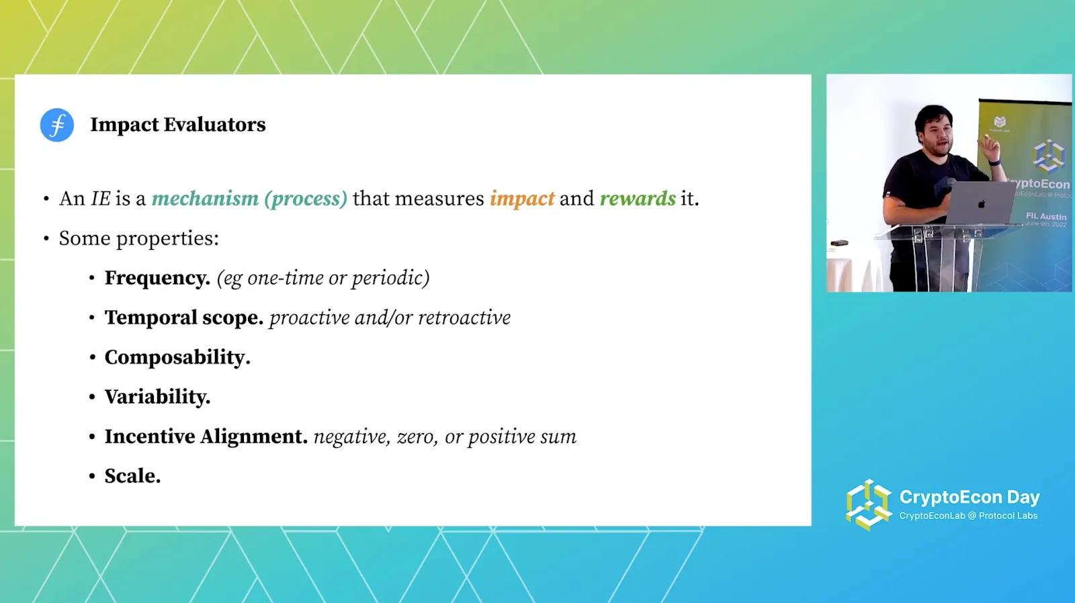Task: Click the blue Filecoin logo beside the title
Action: pos(56,125)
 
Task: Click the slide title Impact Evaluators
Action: pos(177,125)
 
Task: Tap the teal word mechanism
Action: pos(205,199)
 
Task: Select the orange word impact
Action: pos(522,199)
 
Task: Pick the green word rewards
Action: pos(638,199)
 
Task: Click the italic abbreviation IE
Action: pos(100,199)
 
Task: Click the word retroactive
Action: pos(464,318)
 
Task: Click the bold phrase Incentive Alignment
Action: pos(206,436)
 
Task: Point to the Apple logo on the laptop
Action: pos(982,204)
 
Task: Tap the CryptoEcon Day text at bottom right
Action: pos(970,497)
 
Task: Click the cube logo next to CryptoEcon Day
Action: pos(868,505)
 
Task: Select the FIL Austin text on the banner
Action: pos(1045,216)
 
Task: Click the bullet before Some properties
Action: pos(46,238)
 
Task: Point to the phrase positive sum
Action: pos(522,437)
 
